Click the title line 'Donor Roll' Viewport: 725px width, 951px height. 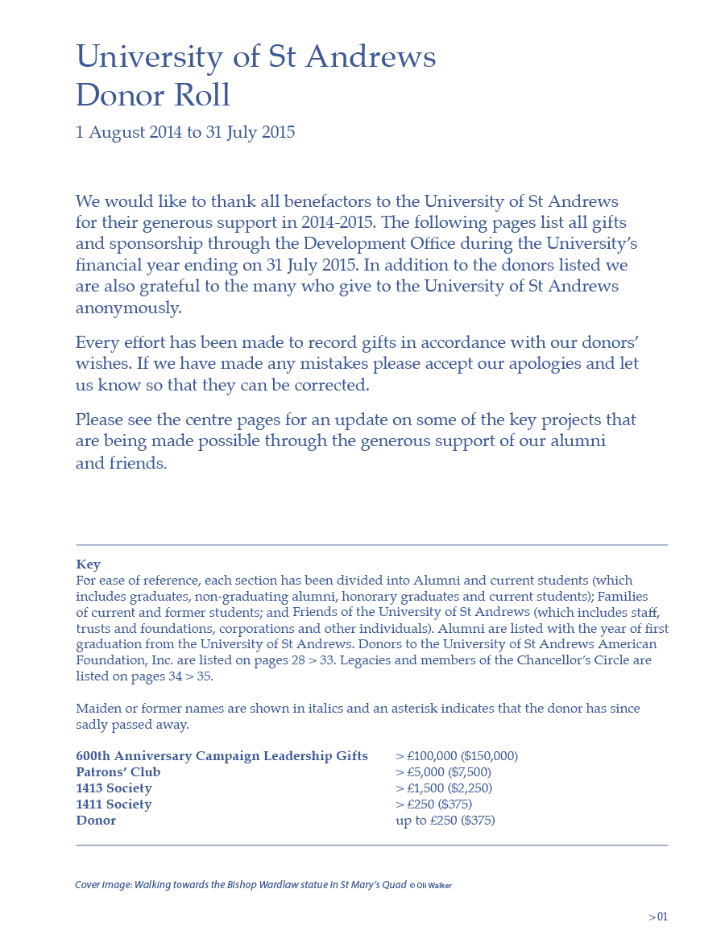tap(153, 95)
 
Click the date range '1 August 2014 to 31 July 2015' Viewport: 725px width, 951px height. tap(185, 132)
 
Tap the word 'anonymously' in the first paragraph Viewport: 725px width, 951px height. tap(128, 308)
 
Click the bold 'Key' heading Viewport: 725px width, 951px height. tap(88, 564)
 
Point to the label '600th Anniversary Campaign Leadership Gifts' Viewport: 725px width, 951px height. tap(222, 756)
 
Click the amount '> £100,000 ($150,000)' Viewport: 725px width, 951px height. tap(457, 756)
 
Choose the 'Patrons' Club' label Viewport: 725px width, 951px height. tap(118, 772)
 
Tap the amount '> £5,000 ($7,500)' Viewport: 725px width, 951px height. tap(443, 772)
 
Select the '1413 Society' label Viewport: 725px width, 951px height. tap(114, 788)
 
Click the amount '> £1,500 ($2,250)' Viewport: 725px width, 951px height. tap(444, 788)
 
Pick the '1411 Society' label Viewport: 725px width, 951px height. tap(114, 804)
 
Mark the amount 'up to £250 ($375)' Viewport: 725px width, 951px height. tap(445, 821)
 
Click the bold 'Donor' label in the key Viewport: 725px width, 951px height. tap(96, 821)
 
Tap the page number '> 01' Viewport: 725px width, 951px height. tap(658, 916)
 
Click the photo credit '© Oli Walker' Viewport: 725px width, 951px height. tap(430, 886)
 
